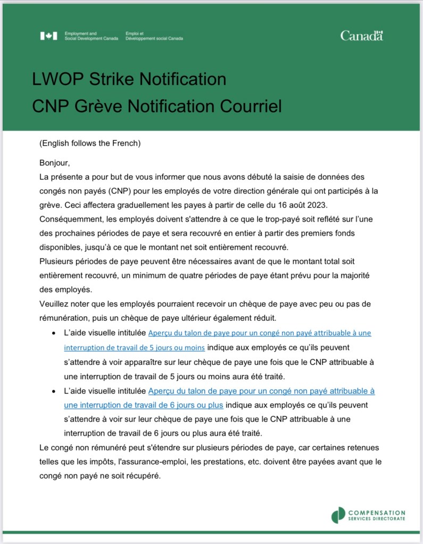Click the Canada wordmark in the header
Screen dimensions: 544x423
[361, 36]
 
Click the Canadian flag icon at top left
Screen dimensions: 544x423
[48, 36]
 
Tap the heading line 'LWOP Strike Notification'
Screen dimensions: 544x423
[129, 80]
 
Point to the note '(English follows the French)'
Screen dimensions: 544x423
[90, 143]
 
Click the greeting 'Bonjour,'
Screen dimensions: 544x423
[55, 163]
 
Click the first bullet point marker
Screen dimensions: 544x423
[54, 334]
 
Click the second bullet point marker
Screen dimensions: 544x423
[54, 391]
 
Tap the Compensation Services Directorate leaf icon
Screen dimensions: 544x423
[338, 515]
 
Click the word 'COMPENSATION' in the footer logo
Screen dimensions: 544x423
[376, 512]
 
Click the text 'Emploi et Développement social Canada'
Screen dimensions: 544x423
[154, 36]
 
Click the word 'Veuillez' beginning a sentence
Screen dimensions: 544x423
[55, 303]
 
